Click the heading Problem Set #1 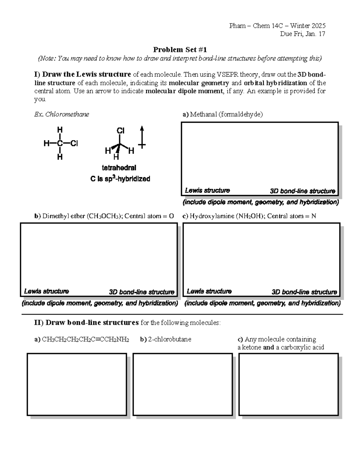(x=180, y=50)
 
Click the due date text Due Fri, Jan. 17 (x=302, y=34)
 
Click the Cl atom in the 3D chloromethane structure (x=120, y=131)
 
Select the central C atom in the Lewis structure (x=60, y=143)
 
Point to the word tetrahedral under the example (x=119, y=168)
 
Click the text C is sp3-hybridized (x=120, y=179)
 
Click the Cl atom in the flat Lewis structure (x=74, y=143)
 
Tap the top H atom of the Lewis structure (x=60, y=130)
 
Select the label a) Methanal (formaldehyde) (x=222, y=114)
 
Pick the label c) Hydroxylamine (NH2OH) (x=249, y=216)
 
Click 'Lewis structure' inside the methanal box (x=207, y=191)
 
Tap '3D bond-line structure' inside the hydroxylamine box (x=304, y=292)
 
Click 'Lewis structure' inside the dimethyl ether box (x=46, y=291)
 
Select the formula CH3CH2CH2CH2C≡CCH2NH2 (x=85, y=339)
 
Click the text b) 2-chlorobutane (x=165, y=339)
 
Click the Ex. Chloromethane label (x=61, y=114)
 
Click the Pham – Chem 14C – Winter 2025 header (x=277, y=26)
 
